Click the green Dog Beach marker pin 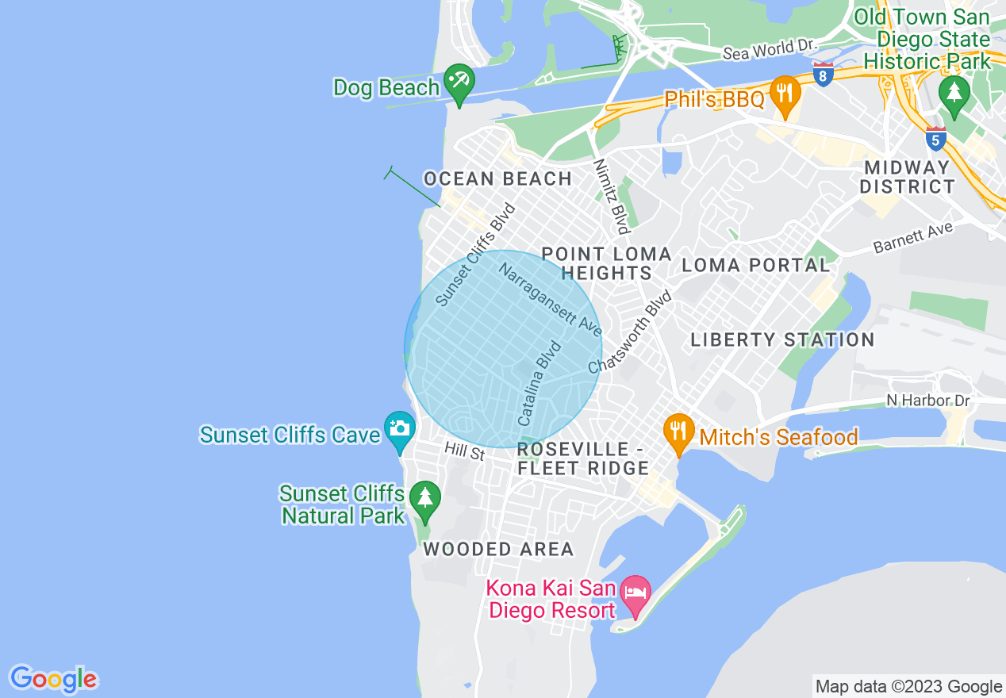459,82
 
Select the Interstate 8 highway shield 824,75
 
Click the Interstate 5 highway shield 936,139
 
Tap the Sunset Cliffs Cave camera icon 398,428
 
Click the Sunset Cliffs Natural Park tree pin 425,500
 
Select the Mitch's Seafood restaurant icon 678,431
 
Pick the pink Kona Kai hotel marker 635,593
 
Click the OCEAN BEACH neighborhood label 497,179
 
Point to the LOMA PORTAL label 755,265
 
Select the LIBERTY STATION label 782,340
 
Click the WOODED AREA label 498,549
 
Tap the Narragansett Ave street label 551,300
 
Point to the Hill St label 464,452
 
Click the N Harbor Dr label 928,401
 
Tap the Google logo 54,679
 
